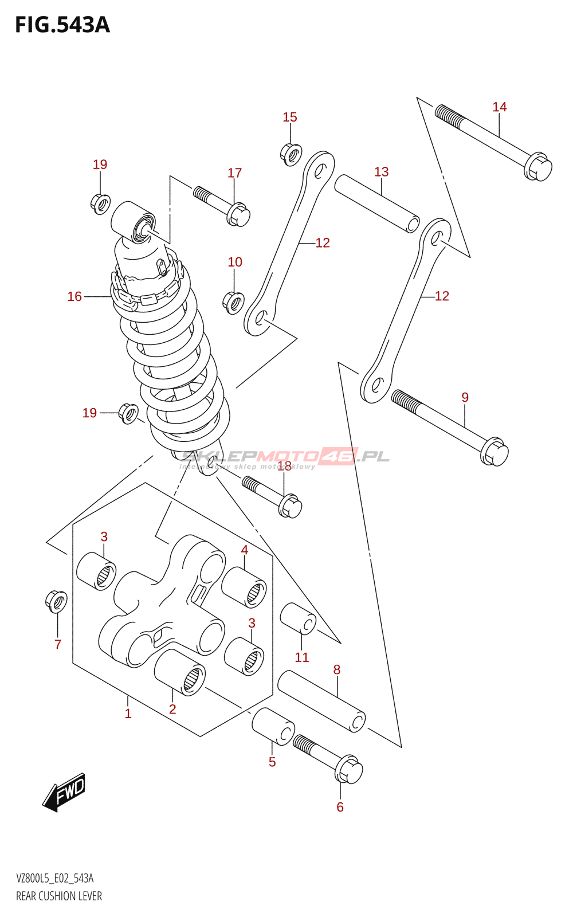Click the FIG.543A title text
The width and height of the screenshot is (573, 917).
62,25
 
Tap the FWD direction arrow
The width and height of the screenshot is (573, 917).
65,793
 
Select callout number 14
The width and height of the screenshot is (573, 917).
499,107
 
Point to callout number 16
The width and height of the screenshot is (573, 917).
74,296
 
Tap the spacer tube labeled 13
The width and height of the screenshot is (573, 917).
377,203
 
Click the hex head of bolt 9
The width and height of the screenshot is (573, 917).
494,452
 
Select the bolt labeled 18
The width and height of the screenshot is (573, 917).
272,496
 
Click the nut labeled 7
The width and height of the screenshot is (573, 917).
56,601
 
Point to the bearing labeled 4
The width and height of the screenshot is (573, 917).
244,587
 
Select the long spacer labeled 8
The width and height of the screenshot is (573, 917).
321,702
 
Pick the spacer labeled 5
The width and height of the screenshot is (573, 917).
273,726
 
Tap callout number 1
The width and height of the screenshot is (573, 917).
128,714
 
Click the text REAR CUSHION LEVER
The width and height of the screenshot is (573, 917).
59,896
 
